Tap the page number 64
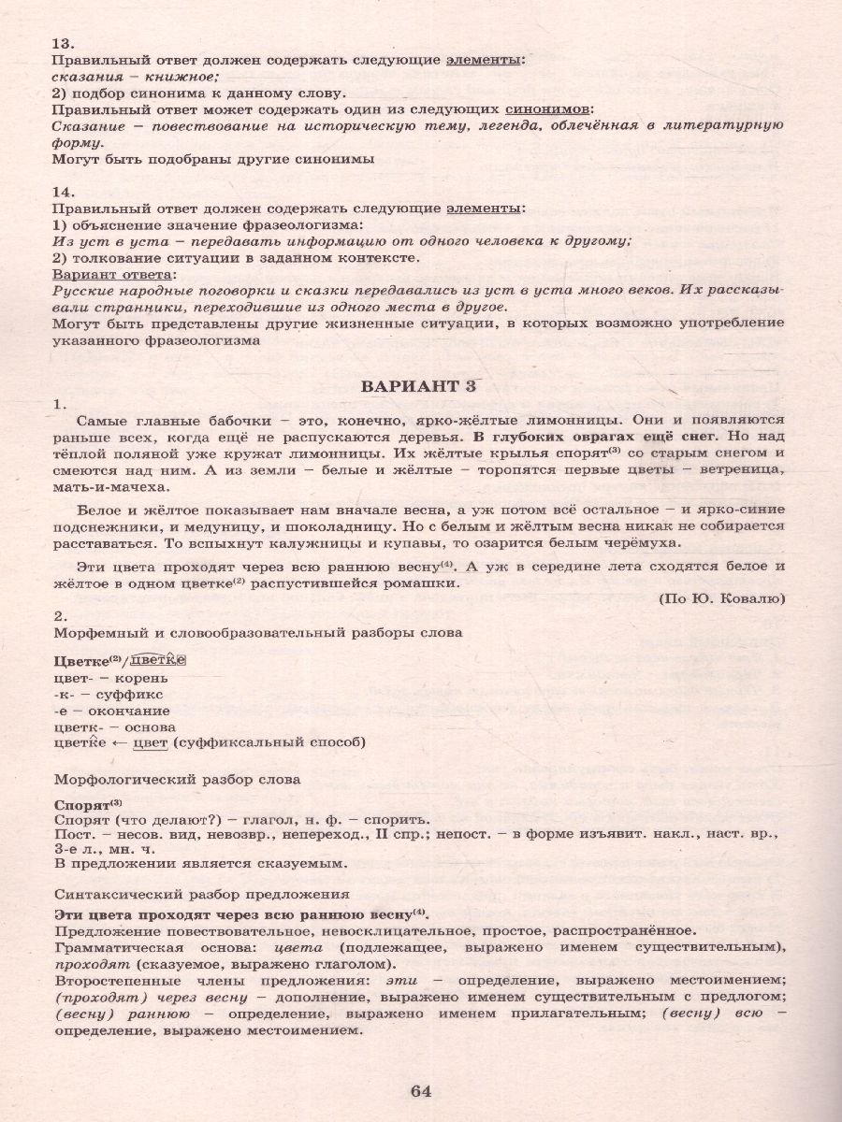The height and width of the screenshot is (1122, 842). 420,1090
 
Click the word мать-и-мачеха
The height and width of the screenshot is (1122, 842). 113,487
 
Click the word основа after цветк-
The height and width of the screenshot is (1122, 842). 150,726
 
